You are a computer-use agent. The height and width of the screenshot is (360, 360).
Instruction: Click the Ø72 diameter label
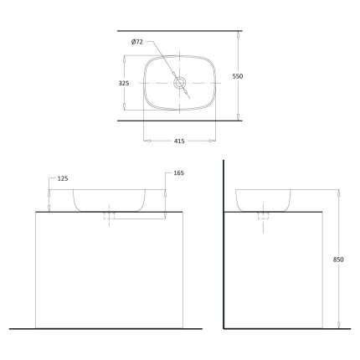[x=136, y=42]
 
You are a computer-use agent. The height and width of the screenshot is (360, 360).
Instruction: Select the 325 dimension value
[x=124, y=83]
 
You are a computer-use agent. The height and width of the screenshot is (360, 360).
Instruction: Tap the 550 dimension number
[x=238, y=76]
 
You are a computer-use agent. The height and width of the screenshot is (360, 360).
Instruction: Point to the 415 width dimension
[x=179, y=141]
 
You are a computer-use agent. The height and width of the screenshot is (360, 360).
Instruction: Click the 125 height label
[x=63, y=178]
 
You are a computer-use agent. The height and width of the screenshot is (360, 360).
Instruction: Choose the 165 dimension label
[x=179, y=173]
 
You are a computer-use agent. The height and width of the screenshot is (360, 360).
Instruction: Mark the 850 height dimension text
[x=338, y=260]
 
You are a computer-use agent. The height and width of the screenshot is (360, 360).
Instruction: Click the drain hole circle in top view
[x=179, y=83]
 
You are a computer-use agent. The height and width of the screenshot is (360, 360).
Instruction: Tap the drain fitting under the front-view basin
[x=109, y=215]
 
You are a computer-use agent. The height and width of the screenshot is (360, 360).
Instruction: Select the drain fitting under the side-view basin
[x=264, y=215]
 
